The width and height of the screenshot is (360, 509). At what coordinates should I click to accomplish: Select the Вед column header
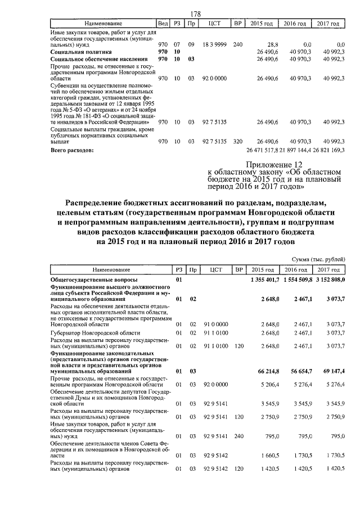click(x=163, y=24)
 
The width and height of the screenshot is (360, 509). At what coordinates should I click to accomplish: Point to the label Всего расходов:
click(x=72, y=151)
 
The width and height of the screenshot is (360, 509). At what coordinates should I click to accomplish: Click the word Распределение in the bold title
click(x=101, y=202)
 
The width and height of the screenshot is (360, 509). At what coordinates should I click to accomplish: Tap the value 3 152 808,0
click(x=328, y=280)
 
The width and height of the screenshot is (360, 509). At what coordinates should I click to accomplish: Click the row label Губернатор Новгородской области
click(x=92, y=333)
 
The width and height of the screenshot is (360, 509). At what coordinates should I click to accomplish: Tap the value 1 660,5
click(x=271, y=456)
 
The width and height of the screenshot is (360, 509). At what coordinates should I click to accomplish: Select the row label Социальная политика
click(x=81, y=51)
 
